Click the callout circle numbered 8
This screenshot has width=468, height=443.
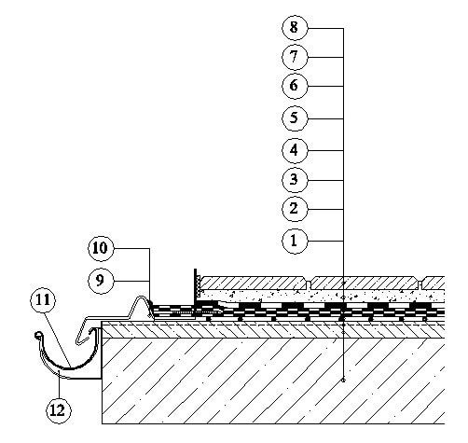tap(295, 27)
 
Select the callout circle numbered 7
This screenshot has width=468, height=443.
tap(295, 57)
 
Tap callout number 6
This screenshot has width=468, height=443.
tap(295, 86)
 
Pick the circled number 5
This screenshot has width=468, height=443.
tap(295, 118)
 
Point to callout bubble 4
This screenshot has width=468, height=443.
tap(295, 150)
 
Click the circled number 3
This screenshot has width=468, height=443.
tap(295, 180)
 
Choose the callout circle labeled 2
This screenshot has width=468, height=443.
tap(295, 209)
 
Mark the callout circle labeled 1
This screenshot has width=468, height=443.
tap(295, 241)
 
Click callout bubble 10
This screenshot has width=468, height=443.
tap(101, 248)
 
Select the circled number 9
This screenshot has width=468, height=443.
tap(101, 281)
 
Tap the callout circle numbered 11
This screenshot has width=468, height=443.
tap(43, 300)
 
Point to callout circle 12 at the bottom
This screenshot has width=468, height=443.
tap(59, 410)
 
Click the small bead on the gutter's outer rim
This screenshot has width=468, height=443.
tap(37, 335)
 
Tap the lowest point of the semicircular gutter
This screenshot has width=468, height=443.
tap(70, 368)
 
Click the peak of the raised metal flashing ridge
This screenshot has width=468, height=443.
tap(141, 298)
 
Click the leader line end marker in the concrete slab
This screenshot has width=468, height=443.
tap(343, 380)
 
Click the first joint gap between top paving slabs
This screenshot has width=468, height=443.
tap(308, 284)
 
